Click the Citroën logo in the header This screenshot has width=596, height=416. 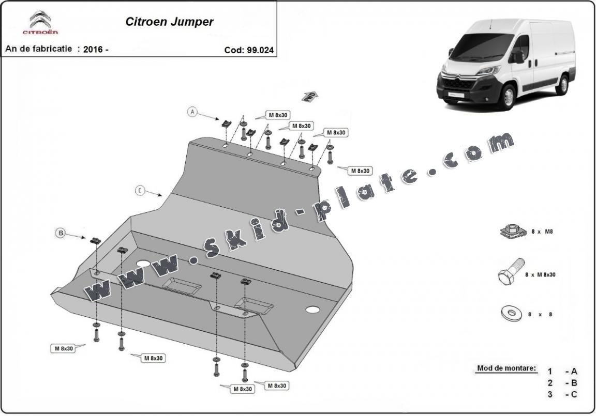point(40,23)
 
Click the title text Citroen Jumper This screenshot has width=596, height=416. point(169,22)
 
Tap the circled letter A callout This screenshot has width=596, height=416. point(192,111)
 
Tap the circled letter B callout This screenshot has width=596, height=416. point(61,234)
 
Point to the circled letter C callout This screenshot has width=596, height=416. point(140,190)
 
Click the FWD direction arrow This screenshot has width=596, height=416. point(310,96)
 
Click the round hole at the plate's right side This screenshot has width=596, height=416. point(312,310)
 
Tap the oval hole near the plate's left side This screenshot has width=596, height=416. point(143,264)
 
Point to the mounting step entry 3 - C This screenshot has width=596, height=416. point(563,395)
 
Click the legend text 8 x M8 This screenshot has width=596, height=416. point(543,232)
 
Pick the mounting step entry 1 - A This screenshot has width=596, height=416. point(563,371)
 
